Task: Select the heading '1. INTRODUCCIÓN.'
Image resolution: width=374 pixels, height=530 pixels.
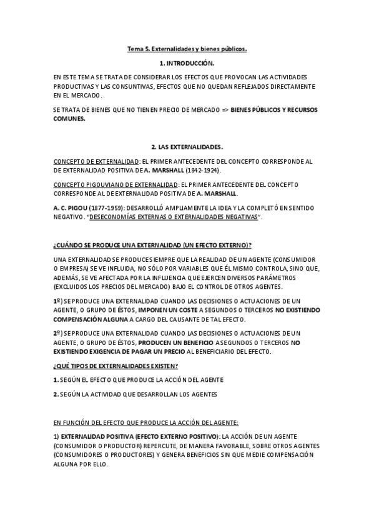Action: pyautogui.click(x=187, y=64)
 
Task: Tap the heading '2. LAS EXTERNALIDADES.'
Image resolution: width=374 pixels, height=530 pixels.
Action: pyautogui.click(x=187, y=147)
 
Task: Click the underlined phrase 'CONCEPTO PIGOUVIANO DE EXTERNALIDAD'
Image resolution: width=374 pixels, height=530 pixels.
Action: pyautogui.click(x=116, y=185)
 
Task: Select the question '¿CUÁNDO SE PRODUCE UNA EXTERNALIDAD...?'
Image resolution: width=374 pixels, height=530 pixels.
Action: pyautogui.click(x=148, y=244)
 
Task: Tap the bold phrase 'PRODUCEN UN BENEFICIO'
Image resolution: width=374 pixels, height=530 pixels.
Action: pyautogui.click(x=176, y=342)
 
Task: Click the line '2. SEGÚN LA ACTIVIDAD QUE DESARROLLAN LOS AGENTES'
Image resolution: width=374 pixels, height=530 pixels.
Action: pyautogui.click(x=135, y=393)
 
